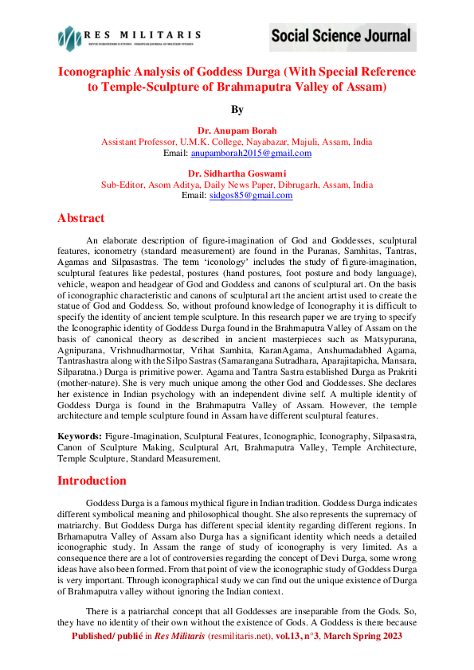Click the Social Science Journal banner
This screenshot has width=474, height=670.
point(341,36)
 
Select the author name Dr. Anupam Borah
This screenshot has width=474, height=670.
point(237,131)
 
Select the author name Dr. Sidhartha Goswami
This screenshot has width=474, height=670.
point(237,173)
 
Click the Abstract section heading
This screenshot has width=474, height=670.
point(80,218)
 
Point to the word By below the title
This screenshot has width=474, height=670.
point(237,109)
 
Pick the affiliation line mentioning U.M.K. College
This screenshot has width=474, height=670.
point(237,142)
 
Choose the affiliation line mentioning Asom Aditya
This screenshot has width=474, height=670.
point(237,185)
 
